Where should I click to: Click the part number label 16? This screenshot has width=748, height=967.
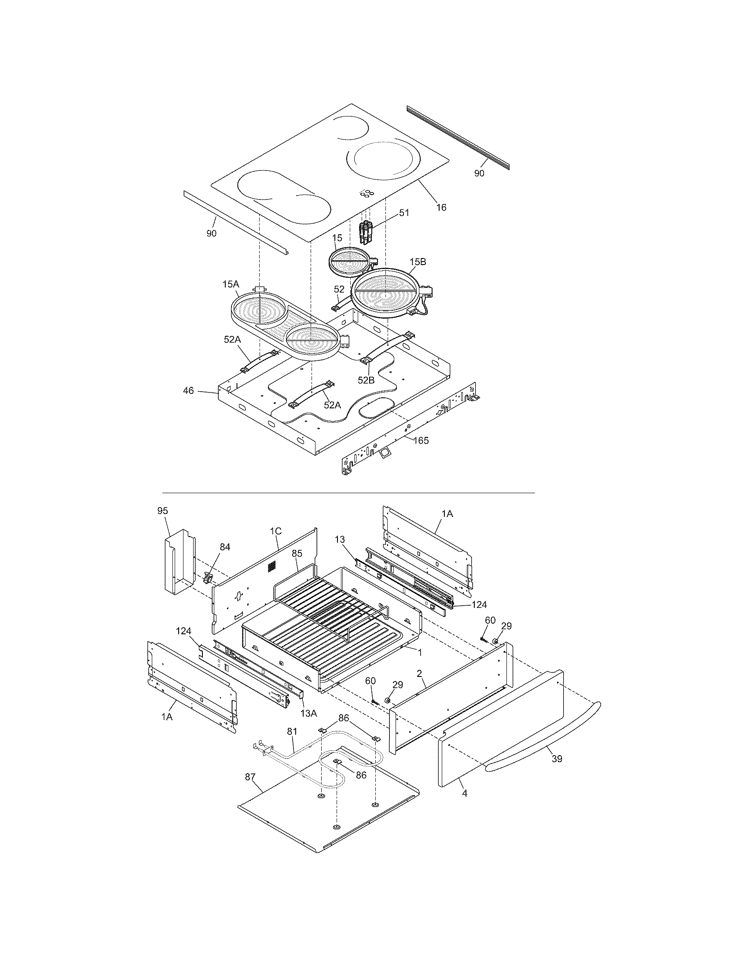pyautogui.click(x=441, y=207)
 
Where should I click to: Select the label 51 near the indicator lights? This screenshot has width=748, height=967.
pyautogui.click(x=403, y=213)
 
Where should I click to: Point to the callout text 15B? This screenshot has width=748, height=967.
pyautogui.click(x=418, y=262)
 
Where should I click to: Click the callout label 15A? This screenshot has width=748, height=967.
pyautogui.click(x=231, y=284)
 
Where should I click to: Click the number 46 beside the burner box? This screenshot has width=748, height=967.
pyautogui.click(x=188, y=390)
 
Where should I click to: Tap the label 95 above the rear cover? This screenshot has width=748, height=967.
pyautogui.click(x=163, y=510)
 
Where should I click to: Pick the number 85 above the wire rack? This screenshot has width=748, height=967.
pyautogui.click(x=297, y=553)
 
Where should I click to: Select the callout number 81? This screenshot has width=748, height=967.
pyautogui.click(x=292, y=732)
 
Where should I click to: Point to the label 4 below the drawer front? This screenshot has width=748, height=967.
pyautogui.click(x=464, y=794)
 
